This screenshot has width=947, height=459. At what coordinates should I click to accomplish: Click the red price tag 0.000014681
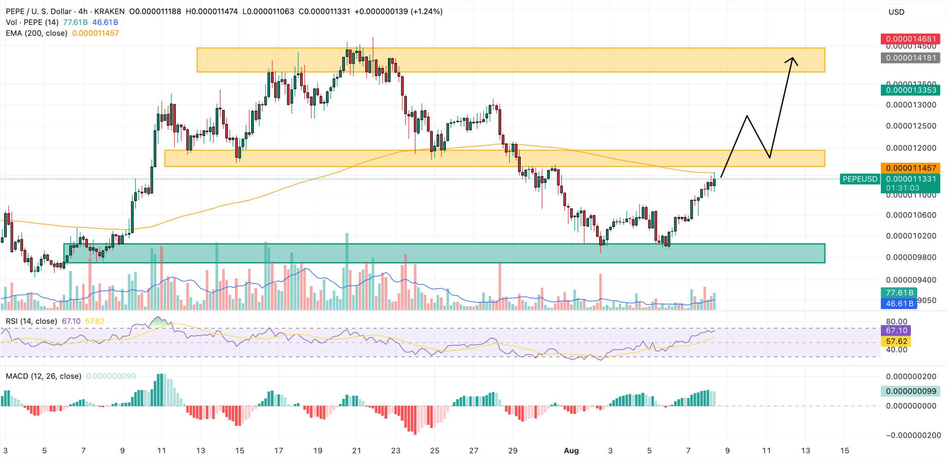(x=910, y=39)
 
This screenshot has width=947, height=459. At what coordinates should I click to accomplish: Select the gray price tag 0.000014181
(x=910, y=58)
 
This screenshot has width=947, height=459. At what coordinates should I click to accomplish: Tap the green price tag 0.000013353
(x=910, y=90)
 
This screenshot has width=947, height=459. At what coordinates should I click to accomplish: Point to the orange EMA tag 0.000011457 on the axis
(x=910, y=168)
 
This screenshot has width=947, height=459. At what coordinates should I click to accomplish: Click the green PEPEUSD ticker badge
(x=860, y=179)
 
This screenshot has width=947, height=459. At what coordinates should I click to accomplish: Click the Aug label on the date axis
(x=571, y=451)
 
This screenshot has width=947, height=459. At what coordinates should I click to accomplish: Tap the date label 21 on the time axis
(x=357, y=451)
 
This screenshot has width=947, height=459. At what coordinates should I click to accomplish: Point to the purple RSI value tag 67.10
(x=896, y=330)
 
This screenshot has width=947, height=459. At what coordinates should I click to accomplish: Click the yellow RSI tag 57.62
(x=896, y=341)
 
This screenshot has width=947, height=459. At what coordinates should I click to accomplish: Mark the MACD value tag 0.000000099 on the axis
(x=910, y=391)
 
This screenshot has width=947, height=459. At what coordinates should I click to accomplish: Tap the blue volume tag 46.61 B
(x=899, y=304)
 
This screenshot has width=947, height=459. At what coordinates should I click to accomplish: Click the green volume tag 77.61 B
(x=899, y=293)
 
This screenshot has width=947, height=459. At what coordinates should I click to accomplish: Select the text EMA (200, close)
(x=37, y=33)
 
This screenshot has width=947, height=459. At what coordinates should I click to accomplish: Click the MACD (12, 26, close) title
(x=43, y=376)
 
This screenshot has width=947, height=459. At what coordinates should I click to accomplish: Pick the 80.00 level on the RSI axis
(x=897, y=321)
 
